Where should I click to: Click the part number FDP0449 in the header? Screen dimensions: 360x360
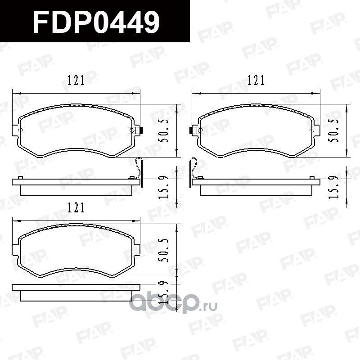tap(96, 22)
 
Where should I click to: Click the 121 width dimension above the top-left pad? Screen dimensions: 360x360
tap(76, 80)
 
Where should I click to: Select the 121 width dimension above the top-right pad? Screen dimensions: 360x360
tap(256, 80)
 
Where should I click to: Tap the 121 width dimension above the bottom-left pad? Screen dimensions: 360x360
tap(76, 207)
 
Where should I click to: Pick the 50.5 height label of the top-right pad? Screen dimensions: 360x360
tap(333, 130)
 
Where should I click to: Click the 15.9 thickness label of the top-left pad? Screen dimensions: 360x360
tap(164, 187)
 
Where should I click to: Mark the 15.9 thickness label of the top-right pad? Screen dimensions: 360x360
tap(333, 187)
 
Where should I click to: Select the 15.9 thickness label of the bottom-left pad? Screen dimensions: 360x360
tap(164, 293)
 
